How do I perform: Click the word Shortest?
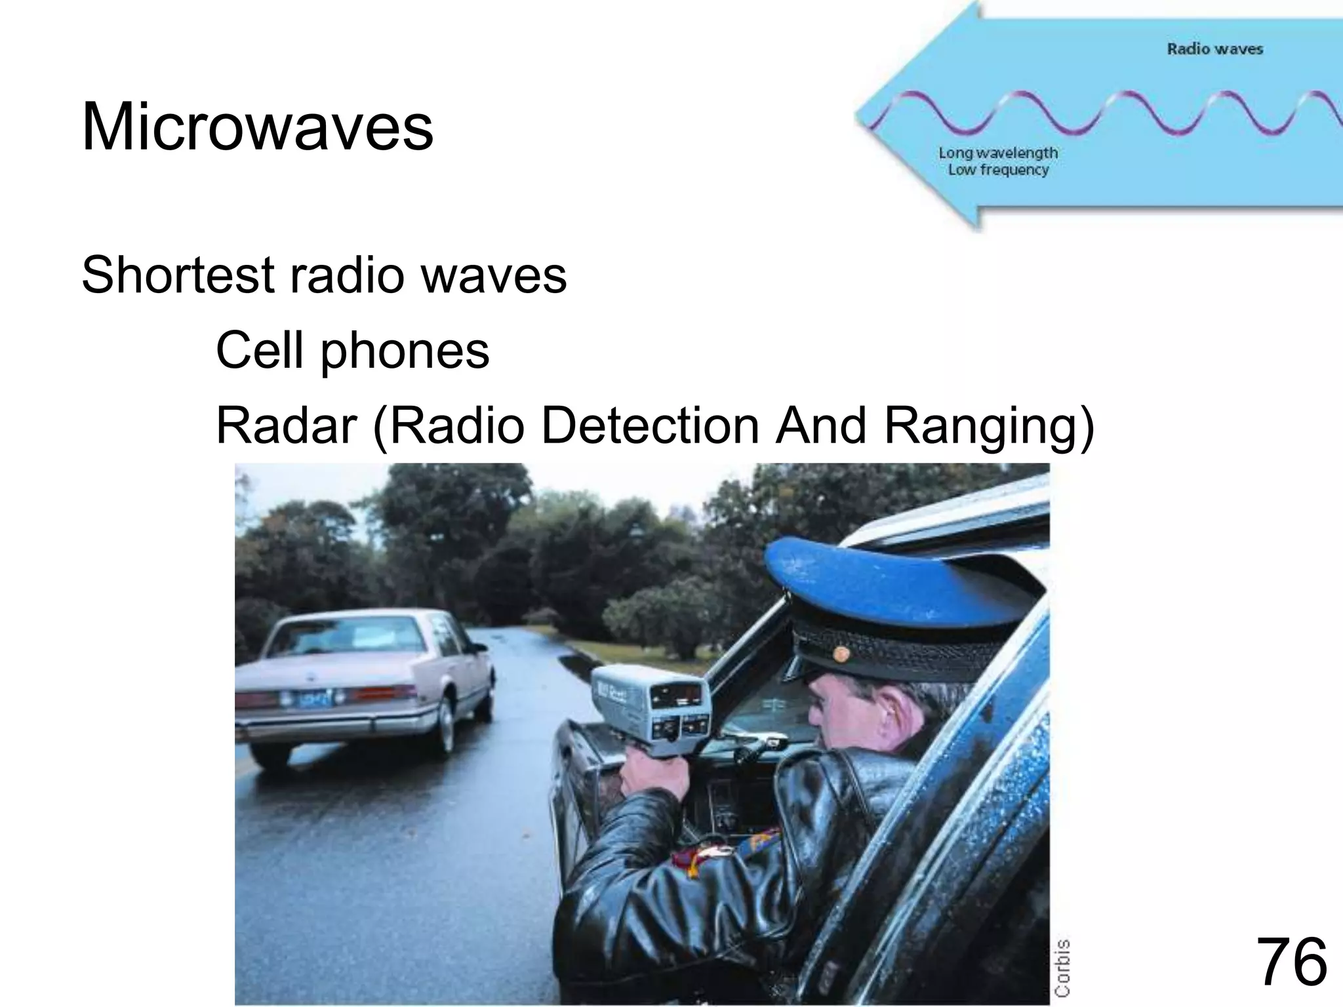[x=178, y=275]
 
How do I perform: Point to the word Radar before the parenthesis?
[x=285, y=425]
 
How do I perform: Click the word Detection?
[x=650, y=425]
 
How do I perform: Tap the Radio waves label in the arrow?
[x=1214, y=49]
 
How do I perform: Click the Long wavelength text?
[x=998, y=153]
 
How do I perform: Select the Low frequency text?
[x=998, y=170]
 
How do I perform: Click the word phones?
[x=404, y=351]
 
